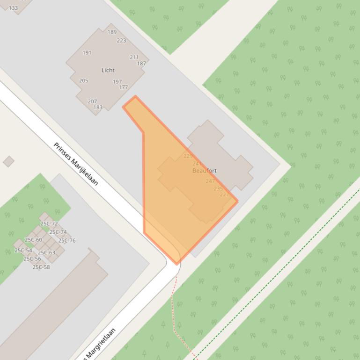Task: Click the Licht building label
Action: (x=108, y=70)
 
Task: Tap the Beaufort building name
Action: (x=205, y=171)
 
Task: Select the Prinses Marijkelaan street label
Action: (x=75, y=164)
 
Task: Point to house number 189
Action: (x=112, y=32)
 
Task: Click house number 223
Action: (x=121, y=41)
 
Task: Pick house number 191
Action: (x=87, y=53)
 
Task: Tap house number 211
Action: (x=134, y=58)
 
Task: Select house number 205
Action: (x=84, y=80)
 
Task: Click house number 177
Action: (x=124, y=87)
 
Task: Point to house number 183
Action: (x=98, y=107)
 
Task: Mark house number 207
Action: (x=92, y=101)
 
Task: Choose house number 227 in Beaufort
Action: (x=224, y=194)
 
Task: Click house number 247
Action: (x=210, y=181)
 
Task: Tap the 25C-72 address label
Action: (x=49, y=224)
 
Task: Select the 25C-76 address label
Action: (x=66, y=241)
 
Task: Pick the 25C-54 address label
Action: (x=23, y=251)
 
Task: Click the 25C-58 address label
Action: (x=41, y=267)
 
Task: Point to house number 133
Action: (x=13, y=8)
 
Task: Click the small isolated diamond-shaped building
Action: (x=8, y=161)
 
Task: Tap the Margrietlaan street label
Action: (x=100, y=344)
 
